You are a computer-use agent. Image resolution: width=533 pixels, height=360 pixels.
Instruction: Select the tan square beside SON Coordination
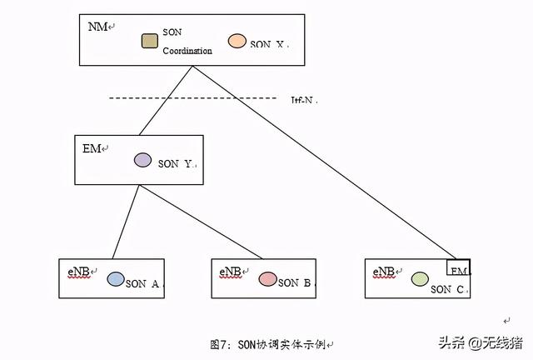[x=150, y=40]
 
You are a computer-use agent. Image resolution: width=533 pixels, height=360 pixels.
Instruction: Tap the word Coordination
[x=187, y=51]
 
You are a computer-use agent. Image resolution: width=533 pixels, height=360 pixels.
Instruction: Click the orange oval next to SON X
[x=237, y=40]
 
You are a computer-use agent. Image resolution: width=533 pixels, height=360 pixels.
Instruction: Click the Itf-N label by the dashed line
[x=304, y=100]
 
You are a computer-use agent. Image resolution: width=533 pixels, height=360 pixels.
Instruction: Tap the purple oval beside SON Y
[x=142, y=159]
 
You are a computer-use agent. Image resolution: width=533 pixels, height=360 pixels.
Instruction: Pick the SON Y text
[x=176, y=164]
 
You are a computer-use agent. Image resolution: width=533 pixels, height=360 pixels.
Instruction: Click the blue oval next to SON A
[x=116, y=279]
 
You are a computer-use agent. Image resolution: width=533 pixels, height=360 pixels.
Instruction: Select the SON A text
[x=142, y=284]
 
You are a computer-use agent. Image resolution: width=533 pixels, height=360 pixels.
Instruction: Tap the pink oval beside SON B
[x=266, y=279]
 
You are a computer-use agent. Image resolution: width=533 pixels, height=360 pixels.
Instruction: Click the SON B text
[x=295, y=283]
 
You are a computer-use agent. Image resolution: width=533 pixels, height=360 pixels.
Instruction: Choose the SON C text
[x=448, y=289]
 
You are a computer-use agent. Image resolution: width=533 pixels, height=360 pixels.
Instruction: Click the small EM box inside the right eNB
[x=460, y=268]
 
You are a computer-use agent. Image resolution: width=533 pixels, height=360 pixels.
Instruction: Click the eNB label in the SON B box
[x=231, y=272]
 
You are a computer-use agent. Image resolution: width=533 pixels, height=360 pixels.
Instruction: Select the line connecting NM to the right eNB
[x=325, y=167]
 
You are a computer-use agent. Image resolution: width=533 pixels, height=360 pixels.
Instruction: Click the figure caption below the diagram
[x=271, y=344]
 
